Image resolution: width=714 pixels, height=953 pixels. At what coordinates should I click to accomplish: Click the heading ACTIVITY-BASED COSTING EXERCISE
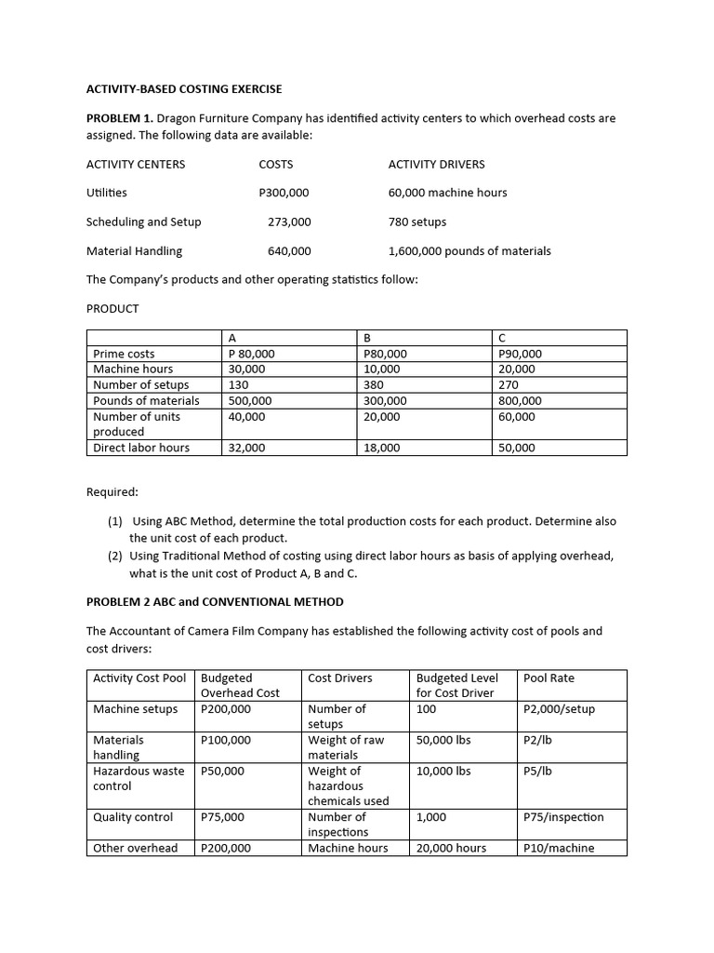pos(183,89)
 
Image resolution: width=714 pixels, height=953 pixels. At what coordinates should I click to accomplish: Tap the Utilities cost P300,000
pos(284,193)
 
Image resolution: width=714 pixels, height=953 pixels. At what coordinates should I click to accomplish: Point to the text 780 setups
pos(416,221)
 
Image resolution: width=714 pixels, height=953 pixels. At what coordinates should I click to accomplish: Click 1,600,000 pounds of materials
pos(469,250)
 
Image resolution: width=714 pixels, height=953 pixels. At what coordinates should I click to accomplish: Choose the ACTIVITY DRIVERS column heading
pos(436,164)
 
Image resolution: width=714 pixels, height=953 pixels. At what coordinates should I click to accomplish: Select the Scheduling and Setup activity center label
pos(143,221)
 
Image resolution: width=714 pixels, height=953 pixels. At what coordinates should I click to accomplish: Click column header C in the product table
pos(502,338)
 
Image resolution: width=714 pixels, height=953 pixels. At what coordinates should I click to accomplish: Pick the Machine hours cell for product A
pos(246,369)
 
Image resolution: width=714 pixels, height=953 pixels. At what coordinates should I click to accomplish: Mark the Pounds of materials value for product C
pos(520,400)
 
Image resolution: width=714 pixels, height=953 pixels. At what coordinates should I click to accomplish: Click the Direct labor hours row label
pos(140,448)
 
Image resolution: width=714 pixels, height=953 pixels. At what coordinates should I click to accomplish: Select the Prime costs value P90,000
pos(520,354)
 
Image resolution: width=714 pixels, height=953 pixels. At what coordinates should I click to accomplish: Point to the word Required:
pos(112,491)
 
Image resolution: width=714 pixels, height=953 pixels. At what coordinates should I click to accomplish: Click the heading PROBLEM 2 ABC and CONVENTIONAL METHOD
pos(215,601)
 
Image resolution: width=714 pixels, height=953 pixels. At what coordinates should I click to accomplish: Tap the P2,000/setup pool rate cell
pos(559,709)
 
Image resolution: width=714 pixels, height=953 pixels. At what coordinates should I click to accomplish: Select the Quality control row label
pos(133,817)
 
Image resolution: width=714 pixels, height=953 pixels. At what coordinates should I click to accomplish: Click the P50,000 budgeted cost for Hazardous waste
pos(222,771)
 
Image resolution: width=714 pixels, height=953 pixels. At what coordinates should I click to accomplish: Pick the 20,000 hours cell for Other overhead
pos(451,848)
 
